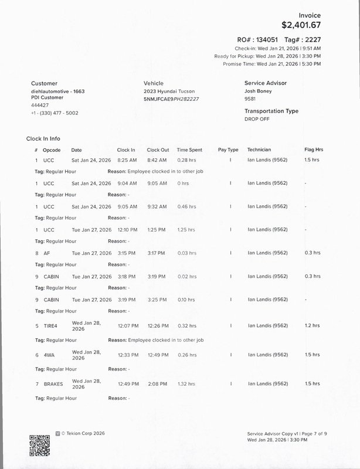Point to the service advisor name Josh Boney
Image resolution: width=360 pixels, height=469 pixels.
tap(259, 91)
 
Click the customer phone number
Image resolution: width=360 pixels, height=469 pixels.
tap(55, 113)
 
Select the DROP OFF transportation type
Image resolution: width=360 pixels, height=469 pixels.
tap(256, 119)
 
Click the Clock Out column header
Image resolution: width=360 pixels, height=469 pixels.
tap(158, 150)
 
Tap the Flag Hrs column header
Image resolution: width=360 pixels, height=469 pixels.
tap(314, 150)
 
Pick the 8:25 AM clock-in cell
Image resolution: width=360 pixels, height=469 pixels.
tap(127, 160)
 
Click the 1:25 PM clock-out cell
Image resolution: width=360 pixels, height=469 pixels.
tap(157, 230)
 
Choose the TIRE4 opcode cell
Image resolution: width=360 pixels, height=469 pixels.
tap(50, 326)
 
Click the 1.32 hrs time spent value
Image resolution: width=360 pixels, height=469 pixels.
tap(186, 384)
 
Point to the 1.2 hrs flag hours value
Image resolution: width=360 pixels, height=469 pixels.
tap(312, 326)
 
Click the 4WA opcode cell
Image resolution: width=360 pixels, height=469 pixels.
tap(49, 355)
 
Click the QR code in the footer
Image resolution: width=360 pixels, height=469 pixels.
tap(39, 443)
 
